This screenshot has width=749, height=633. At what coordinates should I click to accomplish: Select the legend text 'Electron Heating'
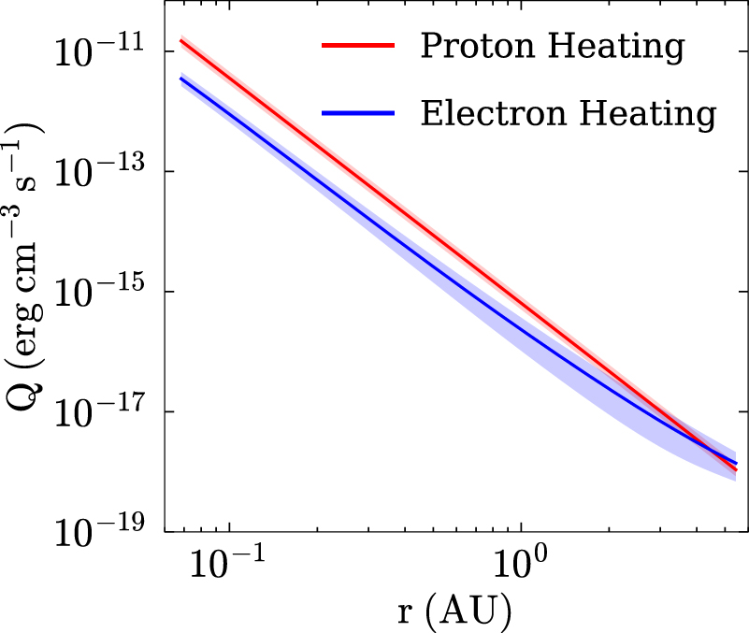(x=568, y=114)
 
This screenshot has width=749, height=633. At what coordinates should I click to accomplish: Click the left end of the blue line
(x=180, y=78)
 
